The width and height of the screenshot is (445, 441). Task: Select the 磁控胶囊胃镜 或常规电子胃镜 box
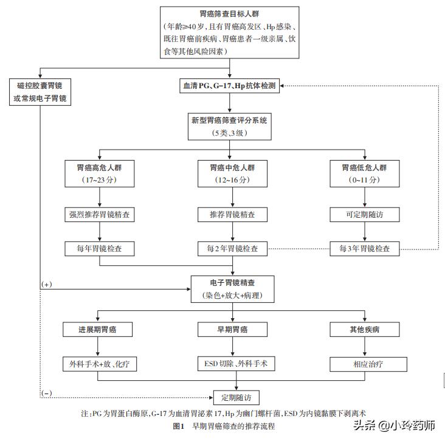pyautogui.click(x=40, y=91)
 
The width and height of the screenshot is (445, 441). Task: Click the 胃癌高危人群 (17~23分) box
pyautogui.click(x=100, y=173)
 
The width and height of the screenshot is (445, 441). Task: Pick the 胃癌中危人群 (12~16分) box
pyautogui.click(x=232, y=173)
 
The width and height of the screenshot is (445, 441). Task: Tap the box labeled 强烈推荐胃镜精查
pyautogui.click(x=100, y=215)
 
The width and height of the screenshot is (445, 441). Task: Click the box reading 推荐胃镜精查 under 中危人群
pyautogui.click(x=232, y=215)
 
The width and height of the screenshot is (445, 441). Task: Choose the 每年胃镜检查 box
pyautogui.click(x=100, y=248)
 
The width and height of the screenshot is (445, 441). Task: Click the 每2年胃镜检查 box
pyautogui.click(x=232, y=248)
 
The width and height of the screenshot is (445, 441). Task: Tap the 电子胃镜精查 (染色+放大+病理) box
pyautogui.click(x=232, y=289)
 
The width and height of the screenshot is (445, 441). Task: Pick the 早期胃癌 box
pyautogui.click(x=232, y=330)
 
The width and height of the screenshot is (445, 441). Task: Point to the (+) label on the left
pyautogui.click(x=47, y=284)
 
